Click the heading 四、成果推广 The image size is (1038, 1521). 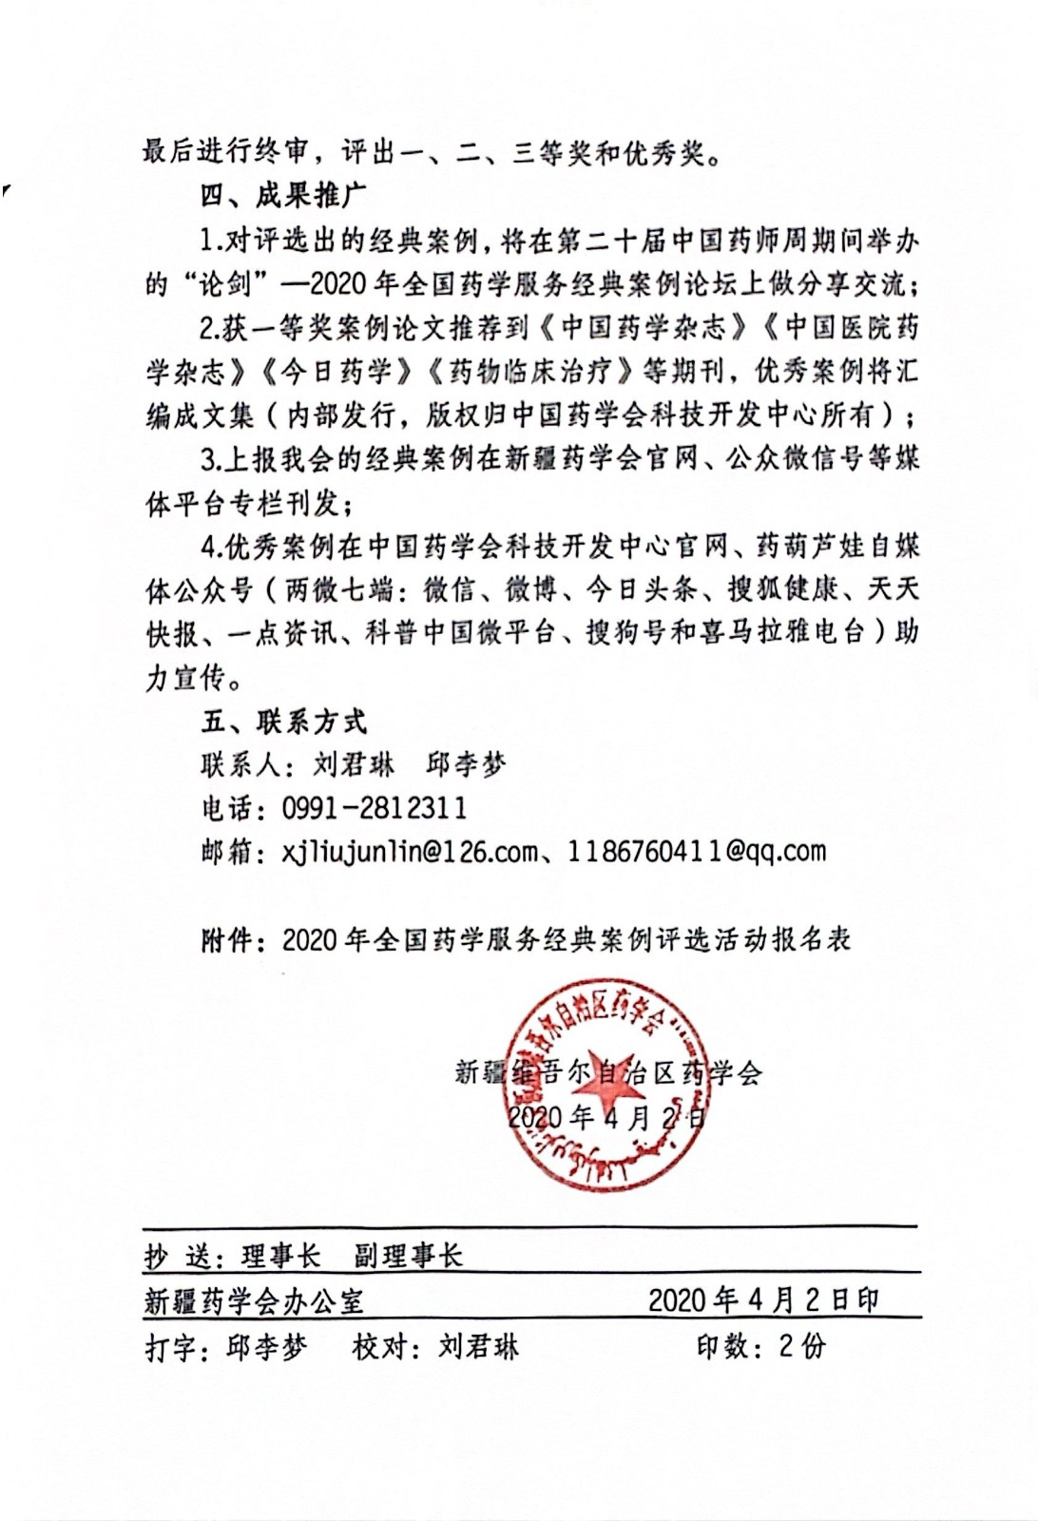pos(282,196)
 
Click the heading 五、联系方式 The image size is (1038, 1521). pos(282,722)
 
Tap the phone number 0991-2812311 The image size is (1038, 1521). pos(374,808)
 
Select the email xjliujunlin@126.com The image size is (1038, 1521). pos(410,851)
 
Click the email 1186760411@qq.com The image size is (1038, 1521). pos(696,851)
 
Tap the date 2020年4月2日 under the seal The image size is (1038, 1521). pos(606,1117)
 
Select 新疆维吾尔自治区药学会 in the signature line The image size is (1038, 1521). pos(608,1073)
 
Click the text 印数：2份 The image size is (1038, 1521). pos(760,1346)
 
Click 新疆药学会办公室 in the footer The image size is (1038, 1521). pos(254,1300)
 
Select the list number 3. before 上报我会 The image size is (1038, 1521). pos(210,460)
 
